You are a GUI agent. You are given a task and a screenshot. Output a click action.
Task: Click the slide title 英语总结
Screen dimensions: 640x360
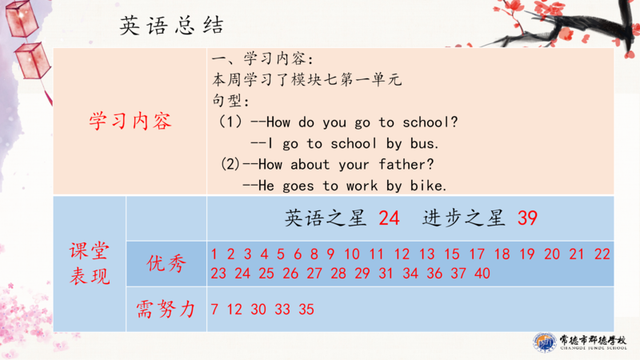[x=171, y=26]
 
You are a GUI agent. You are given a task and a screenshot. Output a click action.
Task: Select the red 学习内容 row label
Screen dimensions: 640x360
[x=130, y=122]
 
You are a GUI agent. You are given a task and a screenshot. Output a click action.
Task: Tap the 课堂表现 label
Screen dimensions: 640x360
[x=90, y=263]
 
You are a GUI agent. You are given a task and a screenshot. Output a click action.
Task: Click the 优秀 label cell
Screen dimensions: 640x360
[x=166, y=263]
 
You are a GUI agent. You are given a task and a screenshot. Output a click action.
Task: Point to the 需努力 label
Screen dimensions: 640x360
[x=166, y=309]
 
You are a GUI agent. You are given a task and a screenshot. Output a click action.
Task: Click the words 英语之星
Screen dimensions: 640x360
[x=325, y=218]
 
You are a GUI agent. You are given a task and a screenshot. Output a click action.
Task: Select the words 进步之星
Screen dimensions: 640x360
[x=464, y=218]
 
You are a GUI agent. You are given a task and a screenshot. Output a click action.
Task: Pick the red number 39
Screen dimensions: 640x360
[x=527, y=218]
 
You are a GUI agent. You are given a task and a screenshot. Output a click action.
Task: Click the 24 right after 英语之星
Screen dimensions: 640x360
[x=389, y=218]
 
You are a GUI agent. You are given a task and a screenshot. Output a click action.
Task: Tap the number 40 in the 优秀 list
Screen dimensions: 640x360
[x=482, y=273]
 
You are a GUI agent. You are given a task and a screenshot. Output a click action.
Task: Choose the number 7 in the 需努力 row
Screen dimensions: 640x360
[x=214, y=310]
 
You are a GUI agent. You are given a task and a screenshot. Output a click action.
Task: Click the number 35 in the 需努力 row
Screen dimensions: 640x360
[x=306, y=310]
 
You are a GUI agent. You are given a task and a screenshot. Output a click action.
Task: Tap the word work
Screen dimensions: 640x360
[x=362, y=186]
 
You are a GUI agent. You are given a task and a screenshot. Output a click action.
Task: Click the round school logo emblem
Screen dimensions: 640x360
[x=545, y=342]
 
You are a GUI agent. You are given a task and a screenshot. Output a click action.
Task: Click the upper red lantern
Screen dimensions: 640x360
[x=22, y=18]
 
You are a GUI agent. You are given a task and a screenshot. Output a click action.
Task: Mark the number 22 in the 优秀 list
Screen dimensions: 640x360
[x=602, y=254]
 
